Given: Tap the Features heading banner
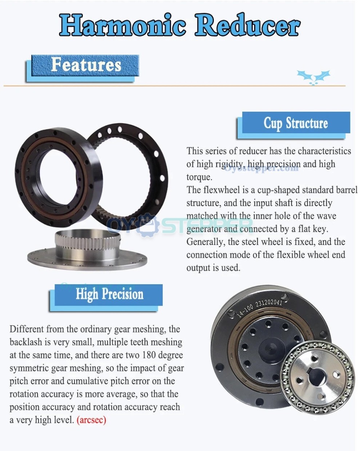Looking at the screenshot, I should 86,65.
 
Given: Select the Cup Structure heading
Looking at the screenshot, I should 296,123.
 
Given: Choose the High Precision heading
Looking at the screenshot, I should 109,294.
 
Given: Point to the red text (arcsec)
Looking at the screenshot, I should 91,420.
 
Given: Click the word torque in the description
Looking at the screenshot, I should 199,177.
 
